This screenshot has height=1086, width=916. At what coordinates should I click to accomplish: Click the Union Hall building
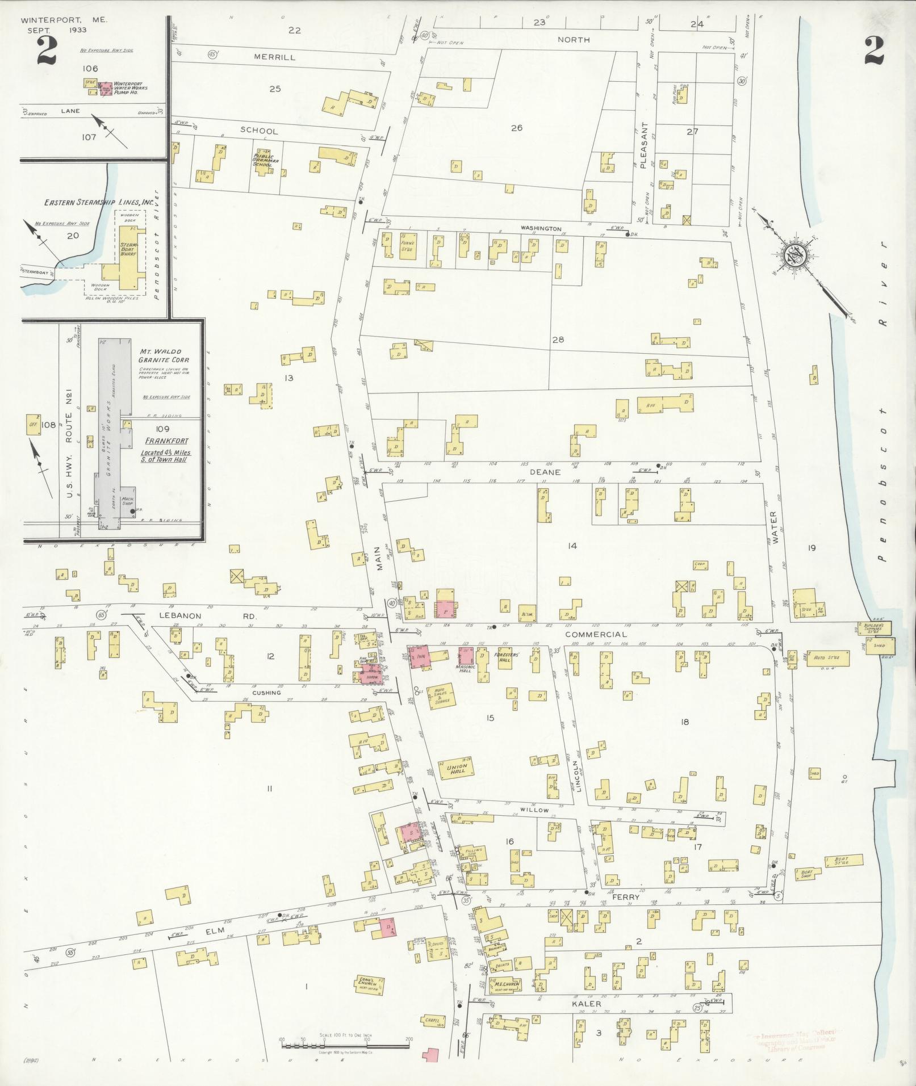(x=457, y=769)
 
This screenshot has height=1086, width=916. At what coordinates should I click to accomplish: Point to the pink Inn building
(x=420, y=657)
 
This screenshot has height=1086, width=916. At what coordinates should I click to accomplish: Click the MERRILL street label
(x=275, y=57)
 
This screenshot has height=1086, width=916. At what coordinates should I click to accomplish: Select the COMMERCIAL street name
(x=596, y=634)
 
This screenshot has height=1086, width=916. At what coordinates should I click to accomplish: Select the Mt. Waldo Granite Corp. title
(x=164, y=356)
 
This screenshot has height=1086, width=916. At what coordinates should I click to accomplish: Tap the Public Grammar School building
(x=262, y=161)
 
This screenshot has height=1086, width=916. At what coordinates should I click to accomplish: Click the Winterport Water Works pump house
(x=106, y=88)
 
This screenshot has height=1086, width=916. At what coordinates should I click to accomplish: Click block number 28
(x=558, y=339)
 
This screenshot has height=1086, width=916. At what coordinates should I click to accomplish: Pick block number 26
(x=516, y=128)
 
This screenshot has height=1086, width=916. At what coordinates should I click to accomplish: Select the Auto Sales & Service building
(x=442, y=697)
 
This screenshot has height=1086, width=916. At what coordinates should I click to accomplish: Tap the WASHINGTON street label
(x=541, y=228)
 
